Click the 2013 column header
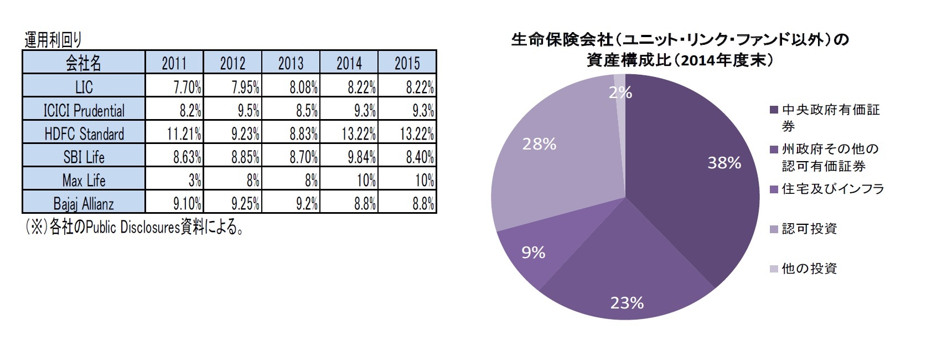click(x=291, y=63)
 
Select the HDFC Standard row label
click(x=84, y=134)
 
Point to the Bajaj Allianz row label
click(x=84, y=204)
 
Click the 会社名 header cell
click(x=84, y=63)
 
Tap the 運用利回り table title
click(x=53, y=40)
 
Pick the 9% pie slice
click(x=531, y=249)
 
